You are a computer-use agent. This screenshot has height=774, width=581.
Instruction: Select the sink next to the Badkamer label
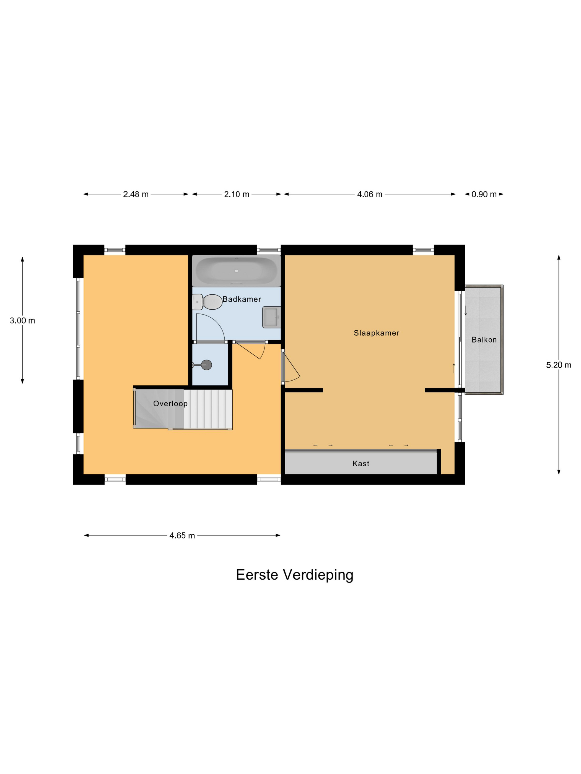[271, 317]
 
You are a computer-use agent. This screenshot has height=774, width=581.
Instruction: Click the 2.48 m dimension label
[136, 194]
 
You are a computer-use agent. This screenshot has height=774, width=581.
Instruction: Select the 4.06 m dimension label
[369, 194]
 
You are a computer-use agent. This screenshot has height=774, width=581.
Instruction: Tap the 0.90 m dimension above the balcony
[484, 194]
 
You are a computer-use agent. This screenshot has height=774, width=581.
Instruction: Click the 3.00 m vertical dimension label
[22, 320]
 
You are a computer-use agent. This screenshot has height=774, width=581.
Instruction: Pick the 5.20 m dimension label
[558, 365]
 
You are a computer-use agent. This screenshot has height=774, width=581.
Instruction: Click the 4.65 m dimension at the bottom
[182, 536]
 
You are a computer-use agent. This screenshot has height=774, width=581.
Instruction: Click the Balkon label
[484, 340]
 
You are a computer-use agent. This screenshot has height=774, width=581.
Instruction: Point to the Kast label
[360, 464]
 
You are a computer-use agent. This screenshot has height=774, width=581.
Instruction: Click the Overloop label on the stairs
[170, 403]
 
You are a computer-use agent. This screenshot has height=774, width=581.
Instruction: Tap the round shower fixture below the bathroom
[207, 365]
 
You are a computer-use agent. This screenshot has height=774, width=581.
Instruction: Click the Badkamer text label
[242, 299]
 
